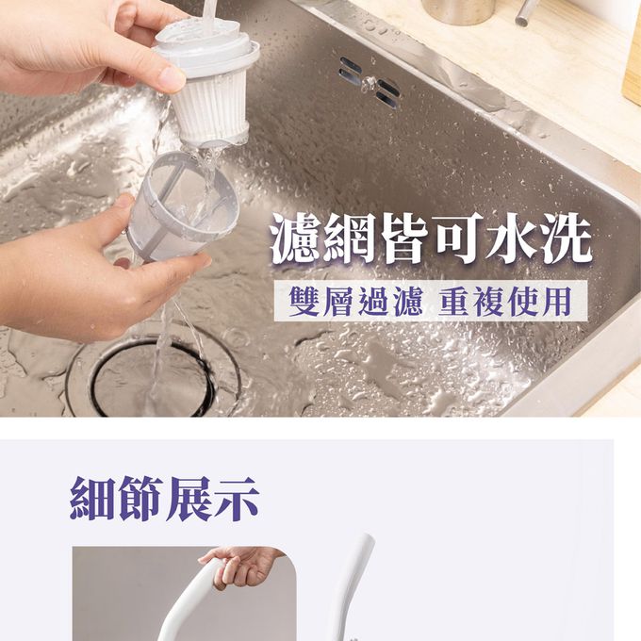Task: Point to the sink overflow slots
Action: (x=370, y=82)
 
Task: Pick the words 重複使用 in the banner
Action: (x=505, y=302)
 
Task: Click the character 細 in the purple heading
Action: (x=93, y=498)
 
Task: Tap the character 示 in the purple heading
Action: (x=237, y=498)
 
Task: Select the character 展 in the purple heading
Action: (x=189, y=498)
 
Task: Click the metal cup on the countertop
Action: (x=458, y=11)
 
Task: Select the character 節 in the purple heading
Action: (x=141, y=498)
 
